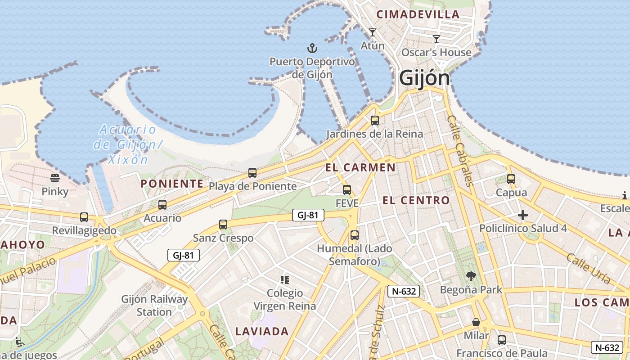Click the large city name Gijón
[424, 78]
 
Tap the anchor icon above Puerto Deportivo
[312, 48]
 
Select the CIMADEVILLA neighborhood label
[418, 14]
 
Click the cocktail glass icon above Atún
[373, 32]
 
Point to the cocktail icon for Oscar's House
[436, 39]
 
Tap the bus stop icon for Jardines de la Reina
[374, 121]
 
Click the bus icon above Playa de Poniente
[252, 173]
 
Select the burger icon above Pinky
[55, 178]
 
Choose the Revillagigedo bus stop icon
[84, 217]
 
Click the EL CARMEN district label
[360, 168]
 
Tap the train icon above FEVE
[347, 190]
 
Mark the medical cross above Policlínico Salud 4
[522, 215]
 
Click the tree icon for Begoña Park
[471, 276]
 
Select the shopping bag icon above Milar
[476, 323]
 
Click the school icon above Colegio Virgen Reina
[284, 280]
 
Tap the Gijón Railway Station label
[154, 305]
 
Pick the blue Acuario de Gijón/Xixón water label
[127, 144]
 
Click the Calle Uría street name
[588, 268]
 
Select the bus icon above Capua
[511, 179]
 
